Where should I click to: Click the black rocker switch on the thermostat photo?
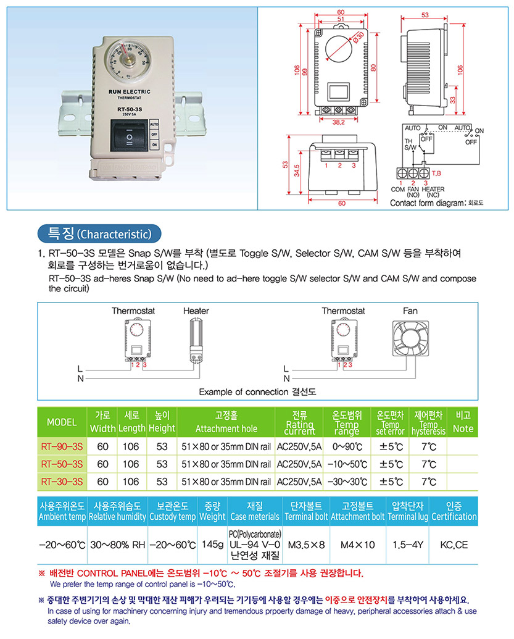point(130,135)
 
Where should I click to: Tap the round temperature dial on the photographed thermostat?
point(128,60)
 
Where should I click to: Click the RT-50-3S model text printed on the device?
point(130,109)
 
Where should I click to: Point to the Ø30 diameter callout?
point(358,37)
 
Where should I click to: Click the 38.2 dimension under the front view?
point(339,122)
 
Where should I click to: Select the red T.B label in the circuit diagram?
point(436,173)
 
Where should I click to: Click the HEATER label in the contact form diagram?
point(433,189)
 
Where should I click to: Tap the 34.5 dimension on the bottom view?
point(297,170)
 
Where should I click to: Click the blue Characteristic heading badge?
point(99,234)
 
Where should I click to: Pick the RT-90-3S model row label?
point(62,446)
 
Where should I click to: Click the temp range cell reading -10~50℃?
point(347,464)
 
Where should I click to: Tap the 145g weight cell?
point(213,545)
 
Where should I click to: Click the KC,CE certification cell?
point(454,545)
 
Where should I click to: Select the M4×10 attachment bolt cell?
point(358,545)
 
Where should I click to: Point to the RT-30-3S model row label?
point(62,482)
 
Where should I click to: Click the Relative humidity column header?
point(117,516)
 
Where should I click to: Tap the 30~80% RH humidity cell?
point(118,545)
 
